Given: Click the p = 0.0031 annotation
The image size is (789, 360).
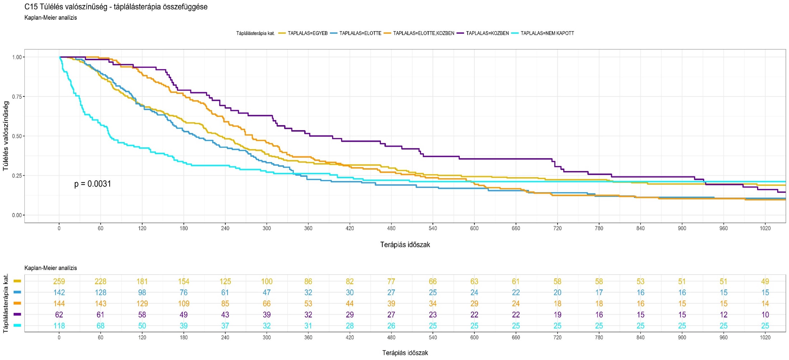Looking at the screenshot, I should tap(92, 184).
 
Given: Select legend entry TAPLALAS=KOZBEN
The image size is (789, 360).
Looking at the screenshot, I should tap(487, 33).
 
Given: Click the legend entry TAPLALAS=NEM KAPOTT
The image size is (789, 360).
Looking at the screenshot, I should tap(547, 33).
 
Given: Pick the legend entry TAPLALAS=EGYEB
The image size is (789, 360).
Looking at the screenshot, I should tap(307, 33).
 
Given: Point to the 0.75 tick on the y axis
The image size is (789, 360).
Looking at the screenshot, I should tap(17, 97).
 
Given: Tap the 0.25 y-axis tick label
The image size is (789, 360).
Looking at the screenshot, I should tap(17, 176).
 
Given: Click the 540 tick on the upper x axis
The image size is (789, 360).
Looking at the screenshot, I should tap(433, 228).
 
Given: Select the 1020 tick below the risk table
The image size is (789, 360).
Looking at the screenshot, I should tap(765, 337).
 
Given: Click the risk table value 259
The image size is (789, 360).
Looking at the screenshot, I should tap(59, 281).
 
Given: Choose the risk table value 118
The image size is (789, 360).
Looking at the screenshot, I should tap(59, 326).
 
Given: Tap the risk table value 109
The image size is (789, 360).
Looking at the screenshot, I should tap(184, 304).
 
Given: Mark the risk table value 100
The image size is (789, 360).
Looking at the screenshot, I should tap(267, 281).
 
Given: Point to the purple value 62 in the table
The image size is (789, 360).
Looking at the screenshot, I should tap(59, 315).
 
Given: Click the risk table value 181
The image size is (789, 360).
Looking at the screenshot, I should tap(142, 281).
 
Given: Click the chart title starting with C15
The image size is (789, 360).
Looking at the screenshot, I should tap(116, 7).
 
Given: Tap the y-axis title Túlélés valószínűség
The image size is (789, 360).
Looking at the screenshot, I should tap(6, 136).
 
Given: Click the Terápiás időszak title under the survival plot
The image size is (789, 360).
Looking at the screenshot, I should tap(405, 245).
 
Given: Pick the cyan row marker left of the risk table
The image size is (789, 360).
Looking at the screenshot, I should tap(17, 326).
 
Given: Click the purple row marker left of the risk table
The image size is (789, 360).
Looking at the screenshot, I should tap(17, 314).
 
